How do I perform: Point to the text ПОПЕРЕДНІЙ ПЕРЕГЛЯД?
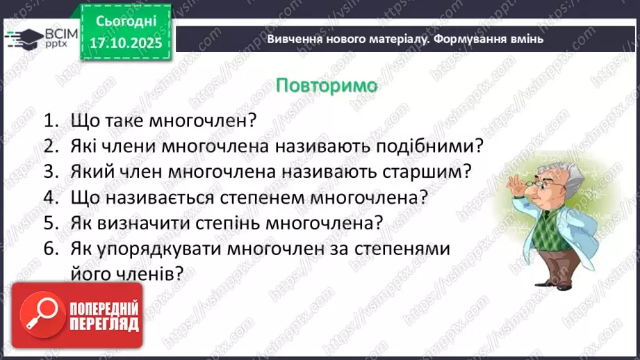point(104,316)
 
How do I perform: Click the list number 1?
point(49,120)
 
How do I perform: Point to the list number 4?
point(49,197)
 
